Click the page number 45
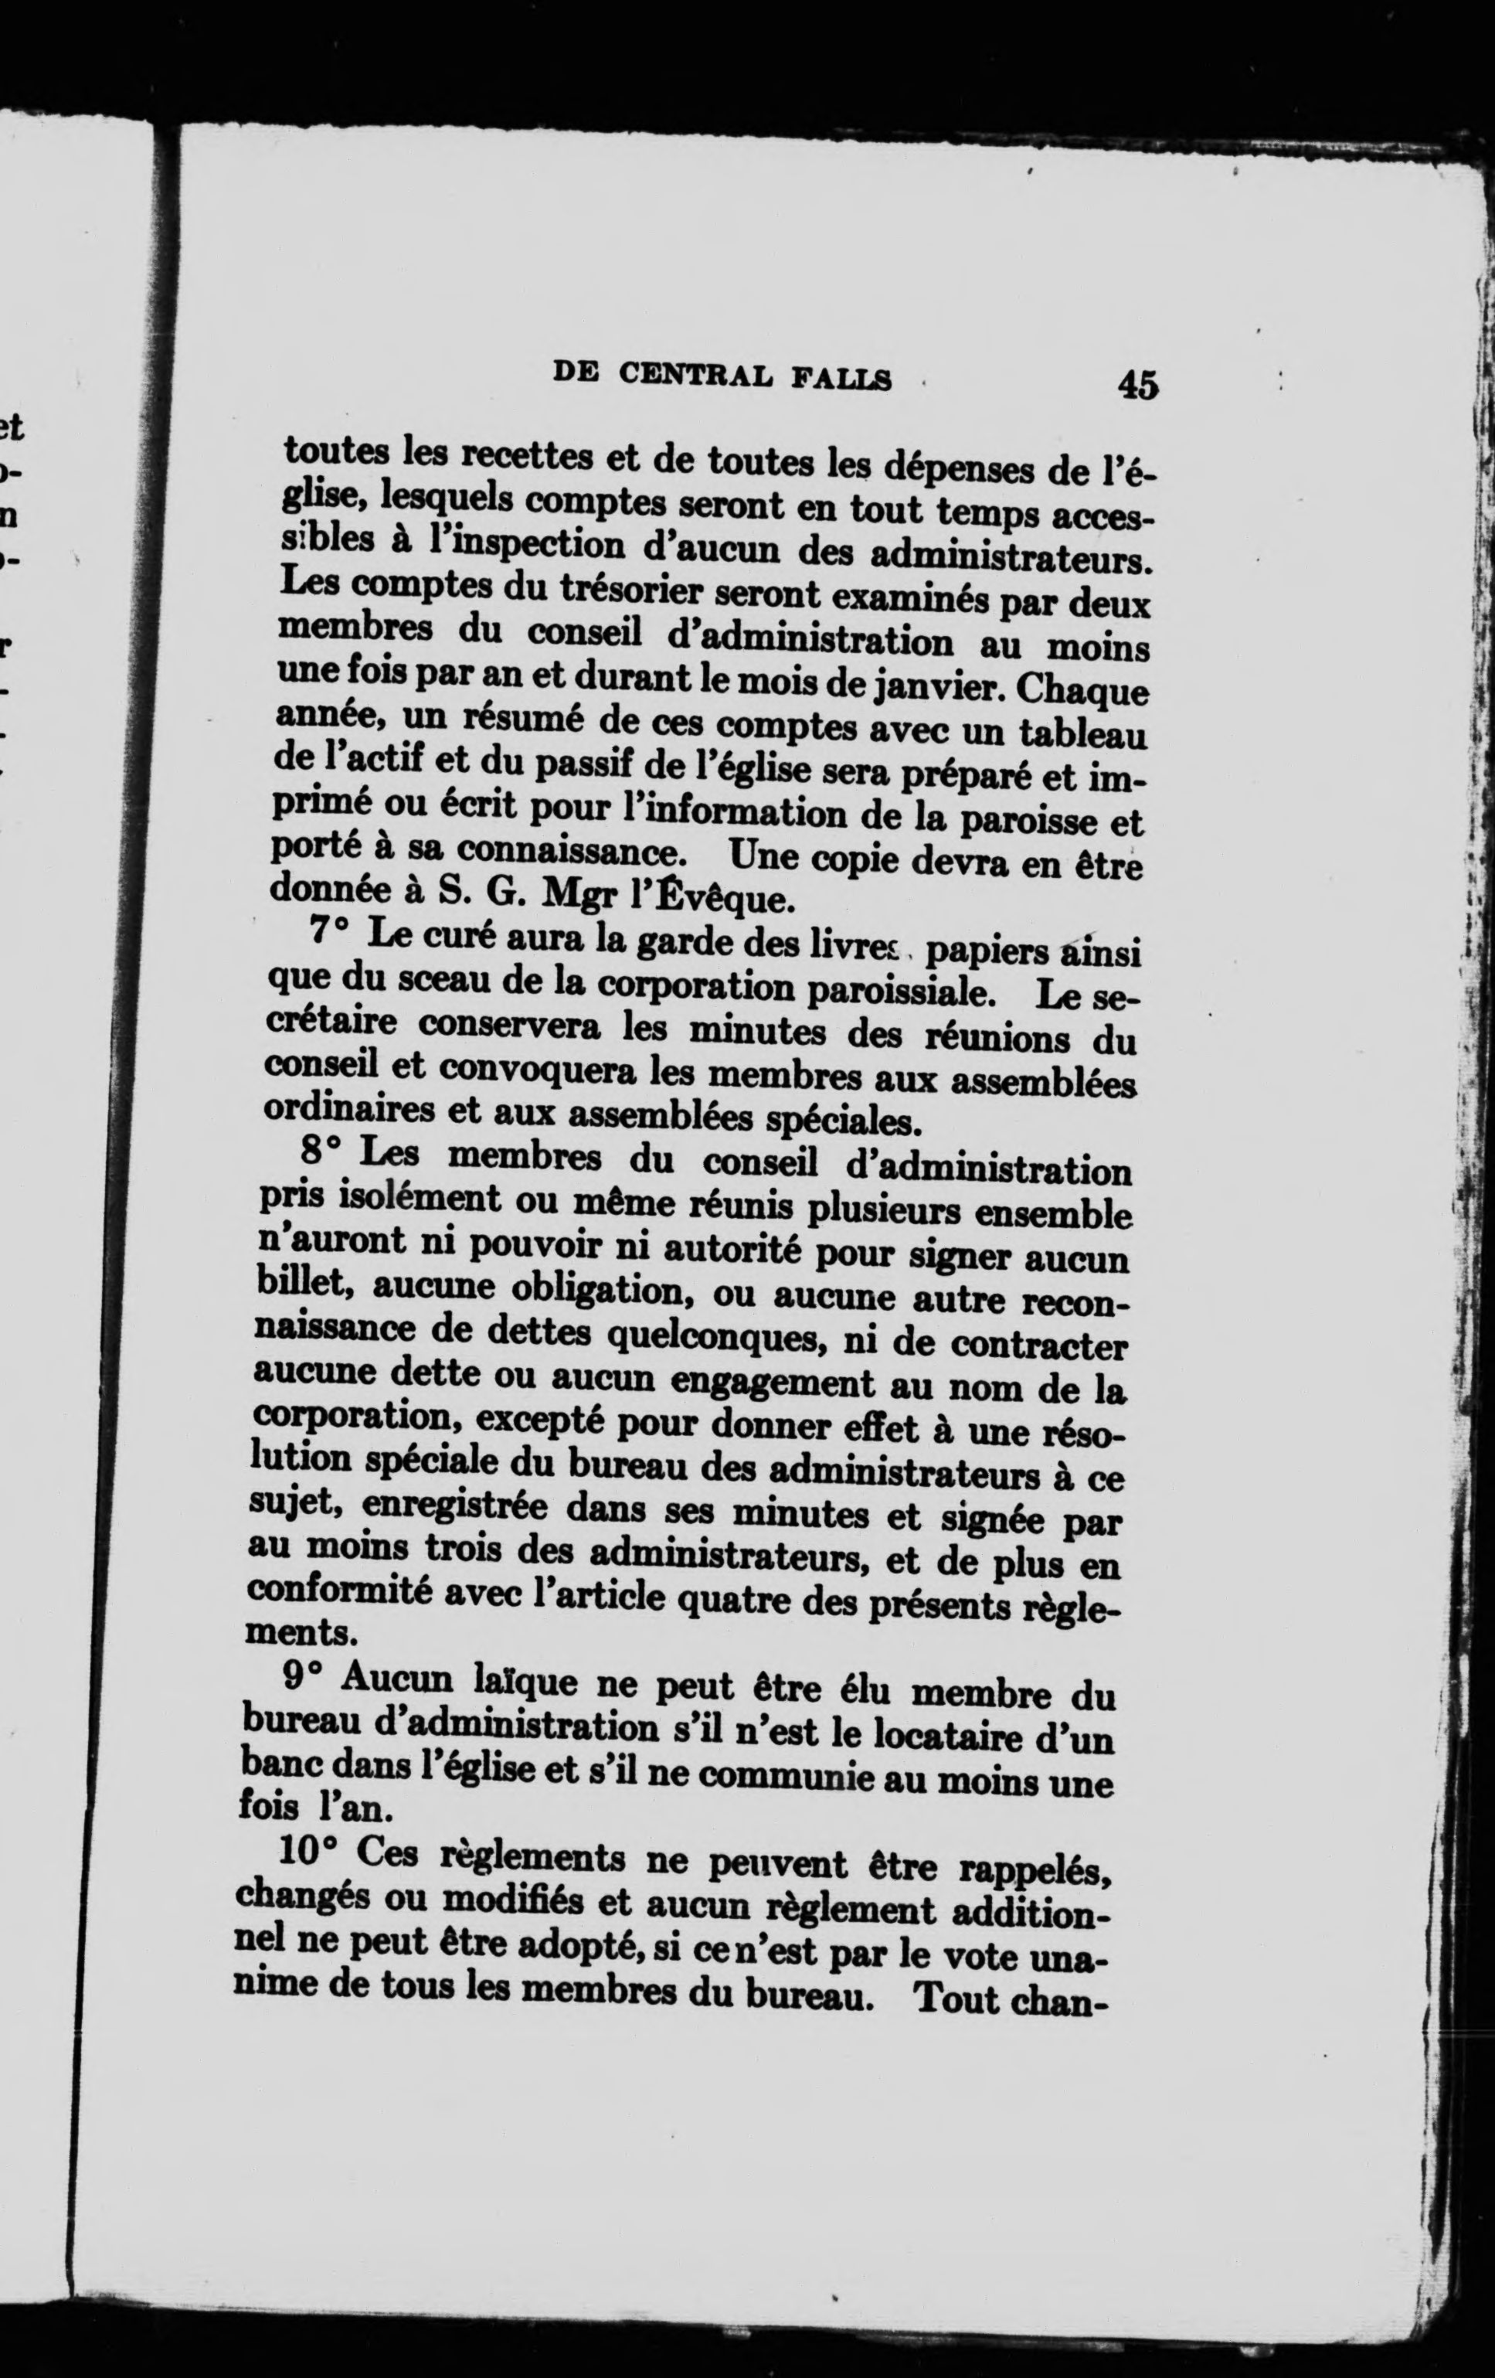tap(1137, 384)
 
